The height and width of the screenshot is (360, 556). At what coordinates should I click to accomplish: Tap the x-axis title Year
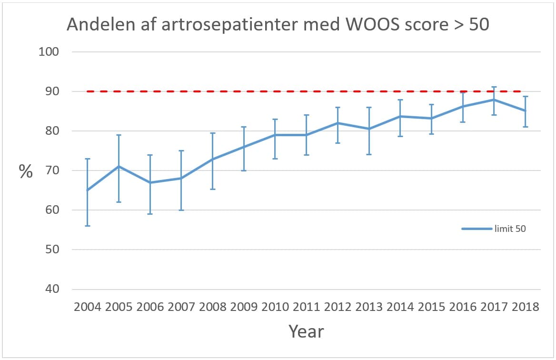click(x=307, y=331)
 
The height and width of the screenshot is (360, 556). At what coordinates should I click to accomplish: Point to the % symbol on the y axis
click(x=26, y=171)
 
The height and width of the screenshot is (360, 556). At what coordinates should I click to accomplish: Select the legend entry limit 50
click(x=509, y=229)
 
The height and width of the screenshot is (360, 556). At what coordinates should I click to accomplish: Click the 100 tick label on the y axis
click(x=48, y=52)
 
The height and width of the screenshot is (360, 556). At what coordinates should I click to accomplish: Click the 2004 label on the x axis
click(x=88, y=306)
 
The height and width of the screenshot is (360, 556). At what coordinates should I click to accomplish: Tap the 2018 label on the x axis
click(x=525, y=306)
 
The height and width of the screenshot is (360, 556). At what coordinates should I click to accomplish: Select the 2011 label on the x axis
click(x=306, y=306)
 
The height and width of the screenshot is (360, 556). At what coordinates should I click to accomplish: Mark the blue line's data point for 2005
click(x=119, y=167)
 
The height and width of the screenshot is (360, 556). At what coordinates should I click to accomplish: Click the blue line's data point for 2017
click(x=494, y=100)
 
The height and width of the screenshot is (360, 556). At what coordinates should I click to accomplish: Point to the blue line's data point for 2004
click(x=88, y=190)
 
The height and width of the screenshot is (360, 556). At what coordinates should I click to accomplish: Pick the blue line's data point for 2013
click(x=369, y=129)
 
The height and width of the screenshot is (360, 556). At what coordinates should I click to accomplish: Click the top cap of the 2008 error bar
click(x=213, y=133)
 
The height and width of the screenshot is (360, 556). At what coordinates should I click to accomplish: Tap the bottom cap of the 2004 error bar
click(x=88, y=226)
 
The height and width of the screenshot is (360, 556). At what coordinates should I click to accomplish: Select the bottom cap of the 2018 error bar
click(x=525, y=127)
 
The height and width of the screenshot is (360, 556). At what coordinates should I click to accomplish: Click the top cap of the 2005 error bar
click(x=119, y=135)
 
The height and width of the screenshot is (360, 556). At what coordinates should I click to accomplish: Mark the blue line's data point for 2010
click(x=275, y=135)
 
